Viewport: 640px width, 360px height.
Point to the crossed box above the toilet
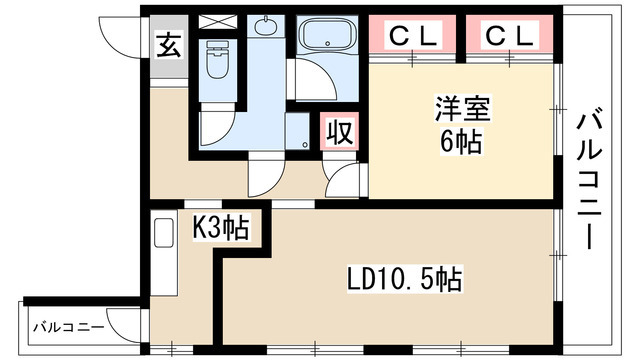pos(214,22)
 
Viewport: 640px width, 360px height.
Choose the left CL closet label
pos(413,37)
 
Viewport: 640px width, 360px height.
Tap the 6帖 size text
pos(460,140)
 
